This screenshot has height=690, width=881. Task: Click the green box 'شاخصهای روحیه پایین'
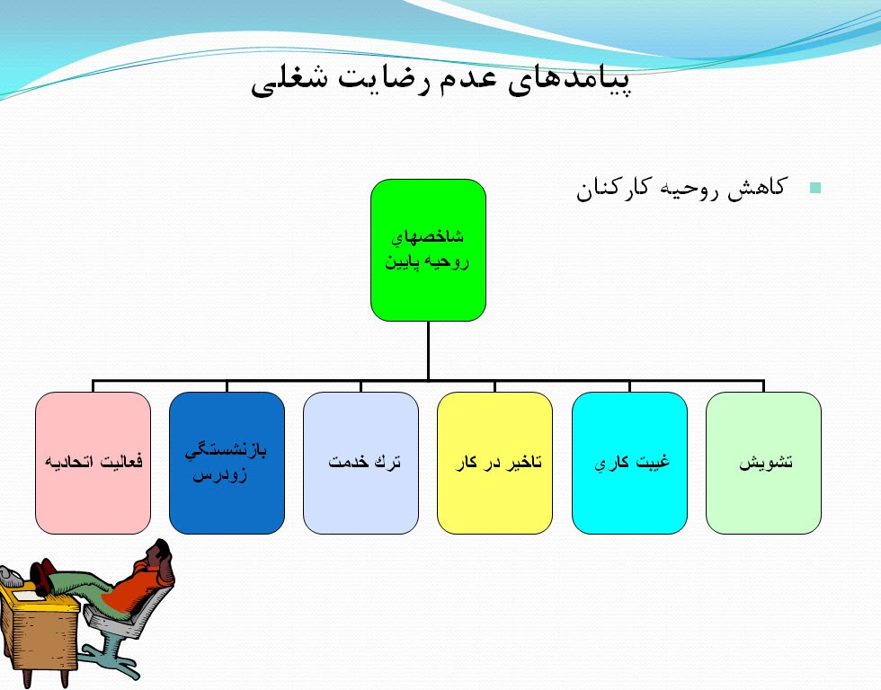(428, 250)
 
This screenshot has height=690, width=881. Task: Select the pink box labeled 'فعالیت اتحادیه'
(93, 463)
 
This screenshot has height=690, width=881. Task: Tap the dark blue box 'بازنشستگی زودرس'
(227, 463)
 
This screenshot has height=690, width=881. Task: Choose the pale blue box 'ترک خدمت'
(360, 463)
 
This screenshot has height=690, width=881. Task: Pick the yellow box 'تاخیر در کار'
(494, 463)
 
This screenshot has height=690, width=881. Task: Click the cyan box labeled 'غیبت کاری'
(629, 463)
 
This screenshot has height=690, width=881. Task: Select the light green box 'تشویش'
(763, 463)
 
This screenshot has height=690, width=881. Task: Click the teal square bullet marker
(815, 188)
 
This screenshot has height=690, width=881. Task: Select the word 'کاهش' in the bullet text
(757, 189)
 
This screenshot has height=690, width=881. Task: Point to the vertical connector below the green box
(428, 350)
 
